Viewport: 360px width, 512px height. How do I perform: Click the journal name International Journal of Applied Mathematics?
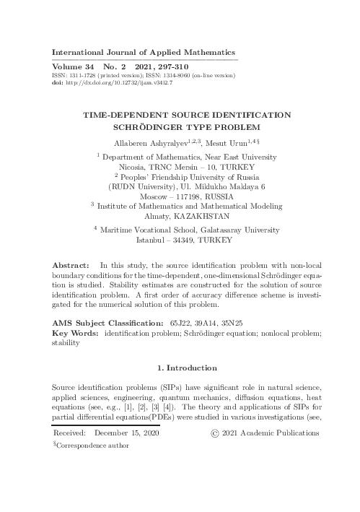point(144,53)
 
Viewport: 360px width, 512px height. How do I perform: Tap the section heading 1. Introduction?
point(180,370)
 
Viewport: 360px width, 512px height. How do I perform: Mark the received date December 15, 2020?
point(126,433)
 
